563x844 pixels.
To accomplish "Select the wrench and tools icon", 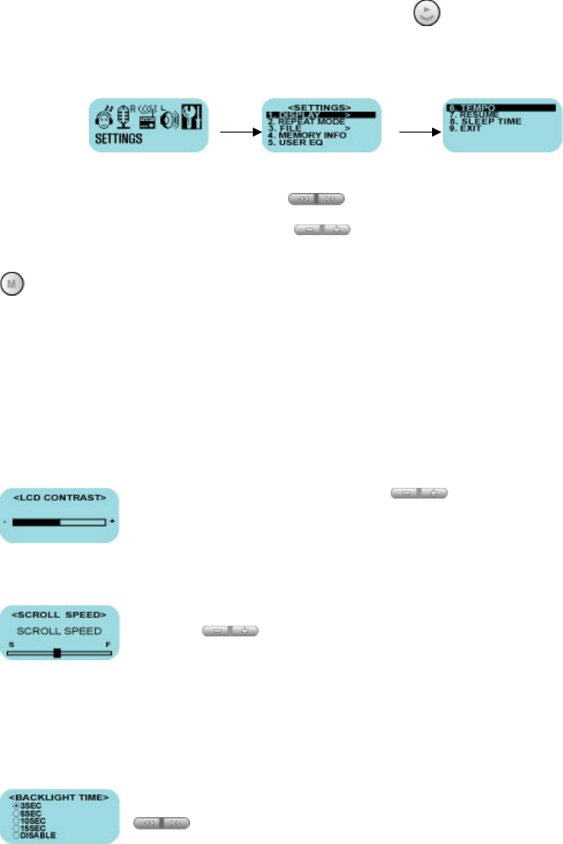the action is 193,119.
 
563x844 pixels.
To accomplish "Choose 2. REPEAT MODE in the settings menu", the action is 306,122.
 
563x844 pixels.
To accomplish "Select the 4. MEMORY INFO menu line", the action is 307,136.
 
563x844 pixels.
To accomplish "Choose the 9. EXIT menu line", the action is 466,129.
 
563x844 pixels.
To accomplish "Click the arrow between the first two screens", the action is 240,132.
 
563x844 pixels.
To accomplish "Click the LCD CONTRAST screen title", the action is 59,499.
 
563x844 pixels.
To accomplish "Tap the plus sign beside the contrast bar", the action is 112,521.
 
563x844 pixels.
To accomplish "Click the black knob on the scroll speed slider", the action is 57,653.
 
